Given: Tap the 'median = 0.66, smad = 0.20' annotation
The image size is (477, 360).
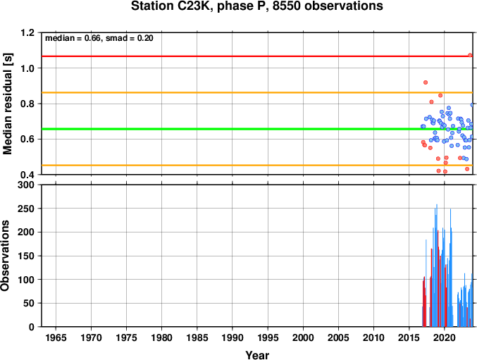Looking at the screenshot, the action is [x=99, y=38].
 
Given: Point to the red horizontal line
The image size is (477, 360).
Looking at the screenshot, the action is [x=257, y=56].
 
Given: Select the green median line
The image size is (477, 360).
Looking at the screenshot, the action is [x=257, y=129].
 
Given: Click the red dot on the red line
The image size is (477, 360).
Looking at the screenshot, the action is [x=470, y=55].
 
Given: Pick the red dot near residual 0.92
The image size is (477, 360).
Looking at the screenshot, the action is [x=426, y=82].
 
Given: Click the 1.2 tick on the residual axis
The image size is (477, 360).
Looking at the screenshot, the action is [x=27, y=32].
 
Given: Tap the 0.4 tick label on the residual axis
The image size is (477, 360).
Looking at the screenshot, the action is [x=27, y=175].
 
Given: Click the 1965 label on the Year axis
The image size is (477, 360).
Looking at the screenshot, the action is [x=56, y=337].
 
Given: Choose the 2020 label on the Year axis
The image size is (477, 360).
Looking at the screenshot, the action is [x=445, y=337].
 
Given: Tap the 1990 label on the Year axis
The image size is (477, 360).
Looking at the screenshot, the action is [x=233, y=337].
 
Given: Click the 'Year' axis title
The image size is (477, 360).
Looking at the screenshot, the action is [x=257, y=355].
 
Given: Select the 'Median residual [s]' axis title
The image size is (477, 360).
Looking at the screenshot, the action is [x=7, y=104].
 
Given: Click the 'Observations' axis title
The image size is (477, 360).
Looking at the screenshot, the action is [x=5, y=256].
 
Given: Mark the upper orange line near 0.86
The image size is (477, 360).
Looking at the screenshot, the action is [x=257, y=92].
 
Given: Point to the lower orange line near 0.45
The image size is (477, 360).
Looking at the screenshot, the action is [x=257, y=166].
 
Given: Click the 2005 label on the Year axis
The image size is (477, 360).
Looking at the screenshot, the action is [x=338, y=337].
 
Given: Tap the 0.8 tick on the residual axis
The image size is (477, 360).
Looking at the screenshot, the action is [x=27, y=104].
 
